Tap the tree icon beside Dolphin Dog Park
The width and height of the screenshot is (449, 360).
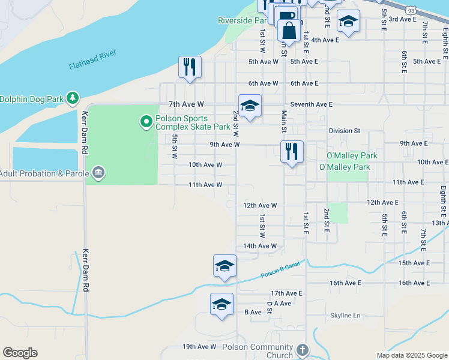pyautogui.click(x=73, y=97)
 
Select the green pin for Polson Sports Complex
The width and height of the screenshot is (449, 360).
pyautogui.click(x=146, y=122)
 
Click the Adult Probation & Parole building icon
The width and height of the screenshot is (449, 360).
pyautogui.click(x=99, y=174)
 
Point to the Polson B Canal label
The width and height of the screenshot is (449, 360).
pyautogui.click(x=279, y=271)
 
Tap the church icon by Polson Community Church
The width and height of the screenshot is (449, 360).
pyautogui.click(x=303, y=350)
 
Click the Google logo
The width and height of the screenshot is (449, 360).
pyautogui.click(x=20, y=353)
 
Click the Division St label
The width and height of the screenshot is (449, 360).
pyautogui.click(x=344, y=130)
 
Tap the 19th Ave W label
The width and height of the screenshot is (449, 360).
pyautogui.click(x=199, y=347)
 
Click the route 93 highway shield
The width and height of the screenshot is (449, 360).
pyautogui.click(x=411, y=10)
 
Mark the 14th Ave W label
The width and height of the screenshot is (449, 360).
pyautogui.click(x=260, y=246)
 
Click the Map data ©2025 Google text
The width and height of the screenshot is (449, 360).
pyautogui.click(x=412, y=355)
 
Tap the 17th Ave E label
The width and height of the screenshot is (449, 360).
pyautogui.click(x=287, y=293)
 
